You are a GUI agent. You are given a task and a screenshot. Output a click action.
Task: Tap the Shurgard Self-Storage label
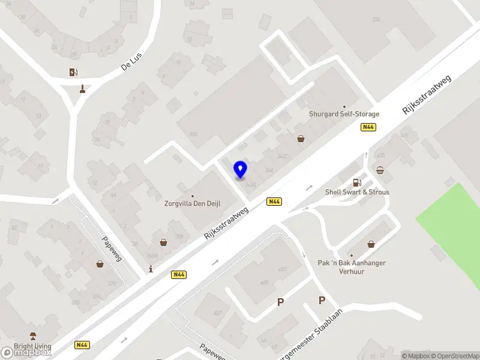(x=344, y=114)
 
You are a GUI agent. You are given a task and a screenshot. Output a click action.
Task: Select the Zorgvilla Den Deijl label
(x=193, y=203)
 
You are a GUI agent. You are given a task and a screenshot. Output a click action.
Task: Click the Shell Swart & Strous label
(x=357, y=192)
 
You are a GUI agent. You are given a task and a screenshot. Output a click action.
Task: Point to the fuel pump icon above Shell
(x=357, y=182)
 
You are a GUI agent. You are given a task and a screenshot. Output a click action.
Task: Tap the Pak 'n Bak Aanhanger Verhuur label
(x=352, y=267)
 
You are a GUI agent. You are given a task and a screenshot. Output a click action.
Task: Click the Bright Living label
(x=32, y=346)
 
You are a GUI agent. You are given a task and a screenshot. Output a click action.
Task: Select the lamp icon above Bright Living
(x=33, y=336)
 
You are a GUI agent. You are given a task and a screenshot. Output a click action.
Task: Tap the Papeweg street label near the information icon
(x=111, y=248)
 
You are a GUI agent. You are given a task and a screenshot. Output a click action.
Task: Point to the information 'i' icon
(x=151, y=269)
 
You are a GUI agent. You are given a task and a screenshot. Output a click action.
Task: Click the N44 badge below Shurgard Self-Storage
(x=368, y=127)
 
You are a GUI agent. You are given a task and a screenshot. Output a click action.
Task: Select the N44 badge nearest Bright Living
(x=82, y=345)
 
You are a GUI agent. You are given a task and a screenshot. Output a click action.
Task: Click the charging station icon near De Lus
(x=73, y=73)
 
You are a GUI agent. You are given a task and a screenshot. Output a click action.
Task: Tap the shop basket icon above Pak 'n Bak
(x=371, y=244)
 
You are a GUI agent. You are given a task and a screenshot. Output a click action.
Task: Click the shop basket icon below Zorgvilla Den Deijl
(x=163, y=242)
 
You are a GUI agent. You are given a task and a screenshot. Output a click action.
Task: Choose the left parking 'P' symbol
(x=280, y=302)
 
